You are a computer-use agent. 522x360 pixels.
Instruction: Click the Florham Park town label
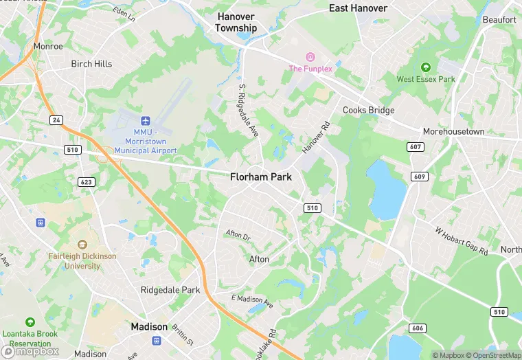coord(260,177)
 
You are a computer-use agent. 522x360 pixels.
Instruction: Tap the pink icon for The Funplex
coord(310,56)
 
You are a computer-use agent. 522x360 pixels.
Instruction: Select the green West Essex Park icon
coord(425,67)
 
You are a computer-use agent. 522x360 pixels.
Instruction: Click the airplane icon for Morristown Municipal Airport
coord(146,120)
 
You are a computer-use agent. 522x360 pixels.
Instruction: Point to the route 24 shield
coord(56,120)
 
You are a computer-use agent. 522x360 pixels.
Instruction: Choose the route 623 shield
coord(87,182)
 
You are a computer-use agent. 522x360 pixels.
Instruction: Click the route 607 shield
coord(415,146)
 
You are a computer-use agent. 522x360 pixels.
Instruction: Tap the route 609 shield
coord(420,177)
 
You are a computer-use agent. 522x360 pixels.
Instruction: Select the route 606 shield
coord(416,329)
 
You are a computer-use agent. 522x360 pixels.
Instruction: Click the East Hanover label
coord(358,8)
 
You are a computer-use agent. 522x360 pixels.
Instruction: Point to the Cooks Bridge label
coord(369,110)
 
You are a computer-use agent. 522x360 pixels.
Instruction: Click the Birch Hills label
coord(91,64)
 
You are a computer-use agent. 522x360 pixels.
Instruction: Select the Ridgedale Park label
coord(170,290)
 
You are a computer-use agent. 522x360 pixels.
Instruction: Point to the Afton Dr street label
coord(238,234)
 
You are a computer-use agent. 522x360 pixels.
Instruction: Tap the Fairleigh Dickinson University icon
coord(82,244)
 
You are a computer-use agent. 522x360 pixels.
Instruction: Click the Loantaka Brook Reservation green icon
coord(30,322)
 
